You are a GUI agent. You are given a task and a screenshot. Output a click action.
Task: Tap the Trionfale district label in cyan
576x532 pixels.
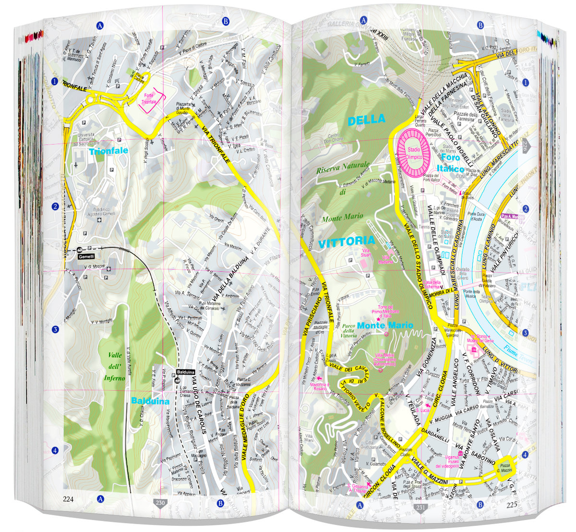coord(108,151)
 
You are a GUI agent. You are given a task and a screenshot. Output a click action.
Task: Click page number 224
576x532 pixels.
coord(68,498)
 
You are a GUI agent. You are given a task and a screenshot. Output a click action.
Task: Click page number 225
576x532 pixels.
coord(511,504)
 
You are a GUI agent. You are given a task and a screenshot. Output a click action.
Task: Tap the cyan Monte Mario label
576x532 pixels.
coord(392,325)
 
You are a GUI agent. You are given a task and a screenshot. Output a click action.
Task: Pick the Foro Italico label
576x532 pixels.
coord(450,163)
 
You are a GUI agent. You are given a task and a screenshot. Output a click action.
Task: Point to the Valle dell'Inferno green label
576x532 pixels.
coord(115,366)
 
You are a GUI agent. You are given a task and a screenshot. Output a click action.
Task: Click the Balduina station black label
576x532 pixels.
coord(185,372)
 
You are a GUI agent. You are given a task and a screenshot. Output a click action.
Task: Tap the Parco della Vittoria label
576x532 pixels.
coord(348,331)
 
